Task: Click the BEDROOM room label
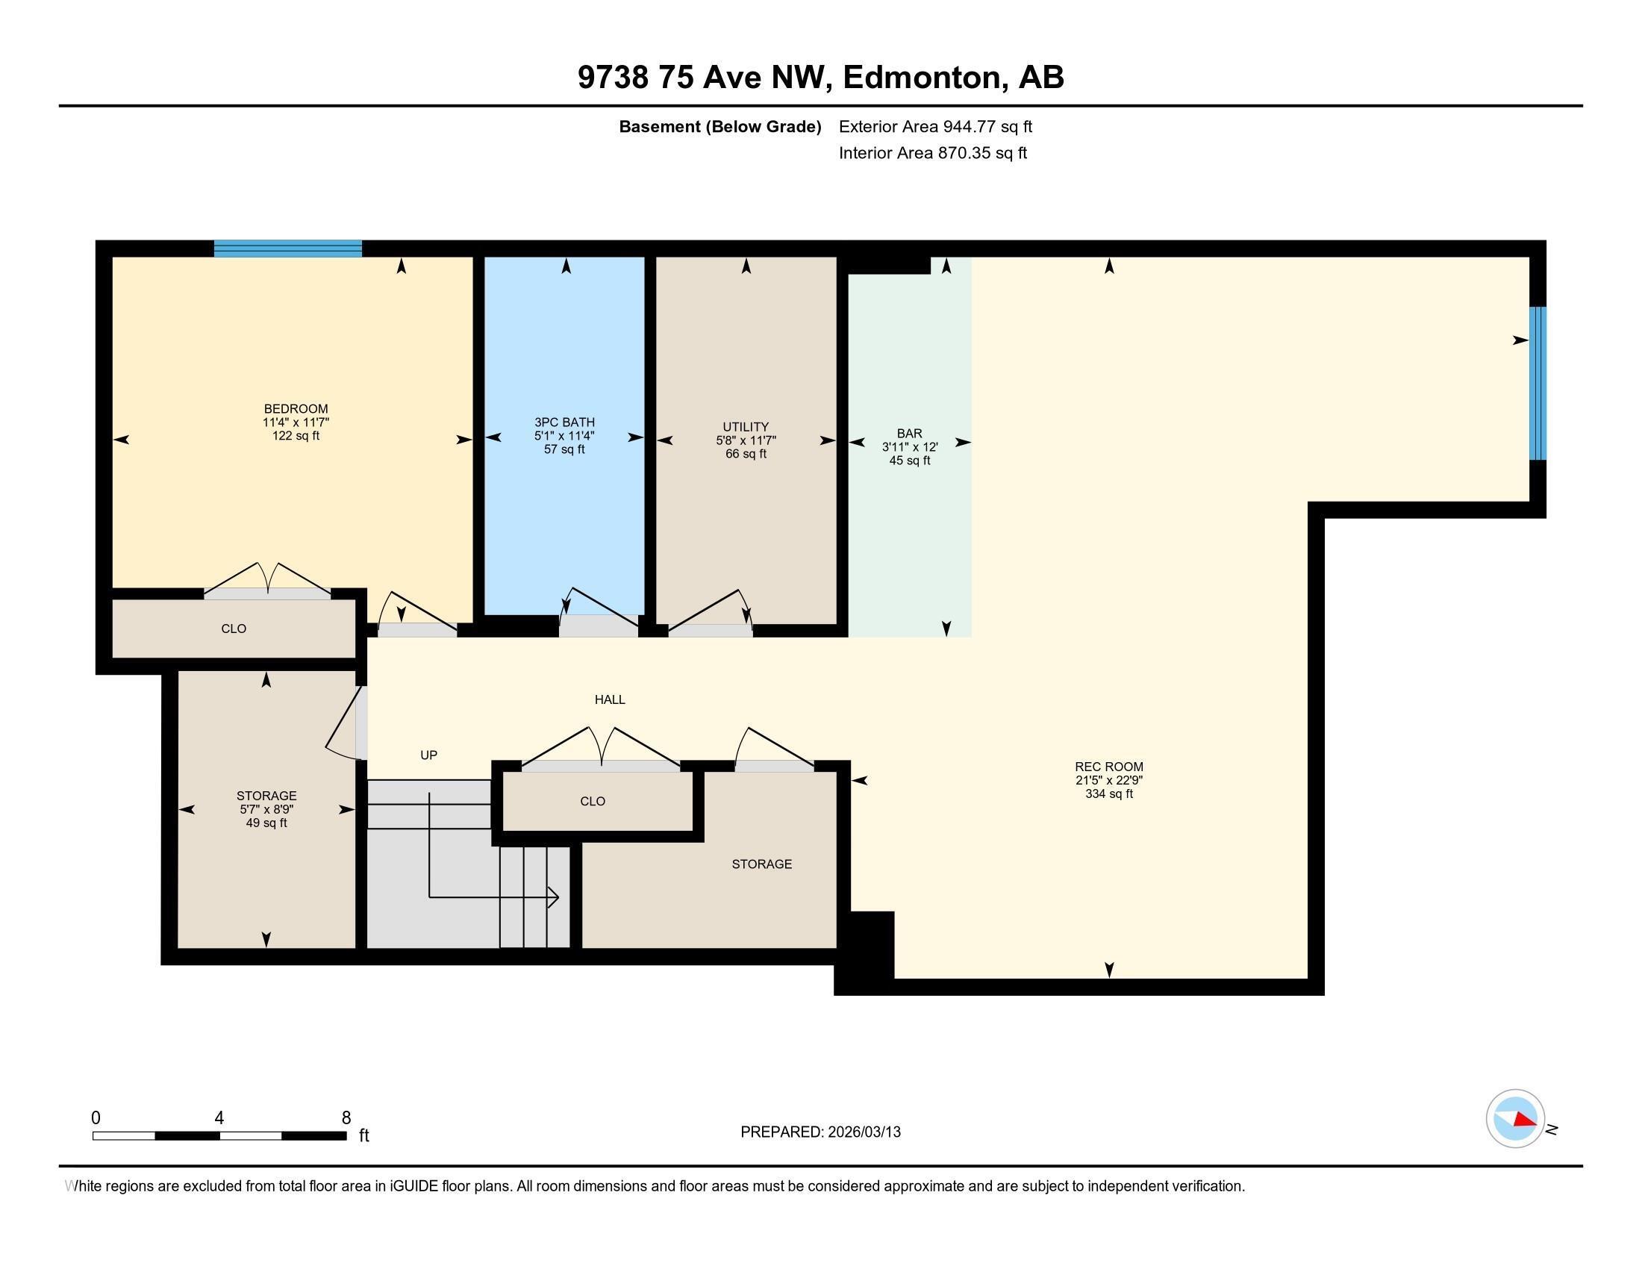click(296, 409)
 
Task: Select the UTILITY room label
click(745, 426)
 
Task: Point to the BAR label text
click(909, 433)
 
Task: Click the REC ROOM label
click(1108, 767)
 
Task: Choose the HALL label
click(610, 699)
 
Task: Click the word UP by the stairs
click(428, 755)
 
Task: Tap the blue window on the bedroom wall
click(288, 248)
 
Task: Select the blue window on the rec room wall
click(1538, 383)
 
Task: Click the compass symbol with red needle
click(1515, 1119)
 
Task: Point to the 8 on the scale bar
click(346, 1118)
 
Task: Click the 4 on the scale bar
click(219, 1118)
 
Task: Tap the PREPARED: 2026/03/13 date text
click(820, 1132)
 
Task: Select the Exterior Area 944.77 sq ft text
click(935, 126)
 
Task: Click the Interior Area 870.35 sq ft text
click(932, 152)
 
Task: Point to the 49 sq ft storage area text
click(266, 823)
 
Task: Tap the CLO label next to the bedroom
click(234, 629)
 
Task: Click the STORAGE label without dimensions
click(761, 864)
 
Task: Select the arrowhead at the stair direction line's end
click(555, 897)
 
